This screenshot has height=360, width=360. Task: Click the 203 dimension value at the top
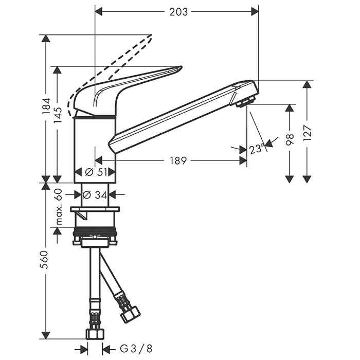click(178, 12)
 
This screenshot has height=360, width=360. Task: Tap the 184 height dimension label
click(47, 106)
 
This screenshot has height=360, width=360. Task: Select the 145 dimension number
click(58, 116)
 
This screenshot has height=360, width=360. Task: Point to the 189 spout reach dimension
click(178, 160)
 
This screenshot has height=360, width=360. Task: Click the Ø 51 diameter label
click(96, 172)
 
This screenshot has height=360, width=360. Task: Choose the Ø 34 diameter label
click(95, 195)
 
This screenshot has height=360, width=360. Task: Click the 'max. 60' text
click(58, 206)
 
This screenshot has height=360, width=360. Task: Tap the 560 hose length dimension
click(44, 260)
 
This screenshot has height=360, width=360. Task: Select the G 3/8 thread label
click(136, 349)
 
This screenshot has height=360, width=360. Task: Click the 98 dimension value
click(290, 140)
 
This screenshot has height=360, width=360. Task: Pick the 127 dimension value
click(307, 133)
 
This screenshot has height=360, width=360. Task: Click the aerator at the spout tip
click(246, 102)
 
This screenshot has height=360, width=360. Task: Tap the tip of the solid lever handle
click(182, 67)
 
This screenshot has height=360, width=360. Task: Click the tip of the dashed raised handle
click(151, 35)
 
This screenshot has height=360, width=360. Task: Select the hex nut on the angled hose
click(131, 315)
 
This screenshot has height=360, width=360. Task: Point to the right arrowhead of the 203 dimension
click(255, 11)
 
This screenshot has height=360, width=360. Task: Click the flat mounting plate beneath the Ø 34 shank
click(95, 209)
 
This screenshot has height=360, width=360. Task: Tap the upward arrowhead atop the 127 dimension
click(307, 84)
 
